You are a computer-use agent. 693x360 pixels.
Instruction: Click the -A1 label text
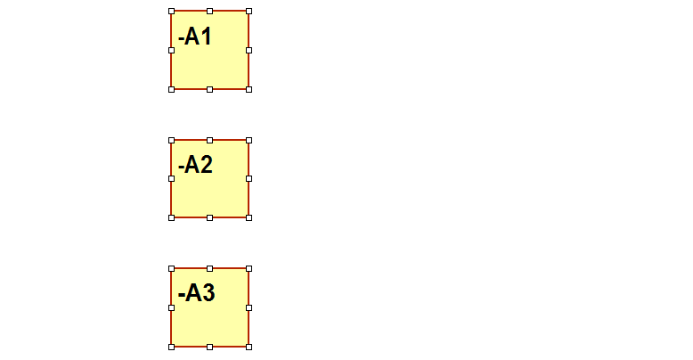click(x=195, y=37)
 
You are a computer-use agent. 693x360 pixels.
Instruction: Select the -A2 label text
click(x=195, y=165)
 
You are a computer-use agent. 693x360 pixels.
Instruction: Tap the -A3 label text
click(x=196, y=293)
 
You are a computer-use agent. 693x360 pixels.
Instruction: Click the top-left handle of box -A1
click(x=172, y=11)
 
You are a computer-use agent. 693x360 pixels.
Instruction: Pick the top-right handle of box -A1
click(x=249, y=11)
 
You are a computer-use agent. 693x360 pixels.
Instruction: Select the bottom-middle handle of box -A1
click(x=210, y=89)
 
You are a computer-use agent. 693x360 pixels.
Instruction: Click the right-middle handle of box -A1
click(x=249, y=51)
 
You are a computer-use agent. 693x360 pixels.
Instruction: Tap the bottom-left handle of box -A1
click(x=172, y=89)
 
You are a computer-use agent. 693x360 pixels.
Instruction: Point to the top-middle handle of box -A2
click(x=210, y=140)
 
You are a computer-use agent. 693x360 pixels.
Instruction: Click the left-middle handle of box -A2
click(x=172, y=179)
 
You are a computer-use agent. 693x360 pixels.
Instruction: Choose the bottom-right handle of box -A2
click(x=249, y=217)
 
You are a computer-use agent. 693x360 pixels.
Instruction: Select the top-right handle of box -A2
click(x=249, y=140)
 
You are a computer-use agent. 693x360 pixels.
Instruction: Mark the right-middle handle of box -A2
click(x=249, y=179)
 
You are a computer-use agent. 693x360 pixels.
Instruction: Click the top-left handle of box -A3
click(x=172, y=268)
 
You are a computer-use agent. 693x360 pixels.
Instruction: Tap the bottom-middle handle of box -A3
click(x=210, y=348)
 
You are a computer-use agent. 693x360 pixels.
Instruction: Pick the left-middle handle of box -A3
click(x=172, y=307)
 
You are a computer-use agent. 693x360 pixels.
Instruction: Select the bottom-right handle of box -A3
click(x=249, y=348)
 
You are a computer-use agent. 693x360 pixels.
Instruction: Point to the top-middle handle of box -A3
click(x=210, y=268)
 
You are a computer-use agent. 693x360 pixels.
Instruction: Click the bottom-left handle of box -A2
click(x=172, y=217)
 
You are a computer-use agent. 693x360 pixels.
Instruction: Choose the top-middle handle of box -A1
click(x=210, y=11)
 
